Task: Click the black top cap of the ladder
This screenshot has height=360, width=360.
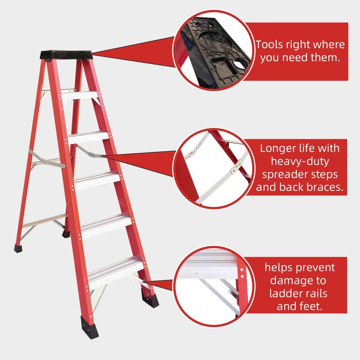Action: coord(67,54)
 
